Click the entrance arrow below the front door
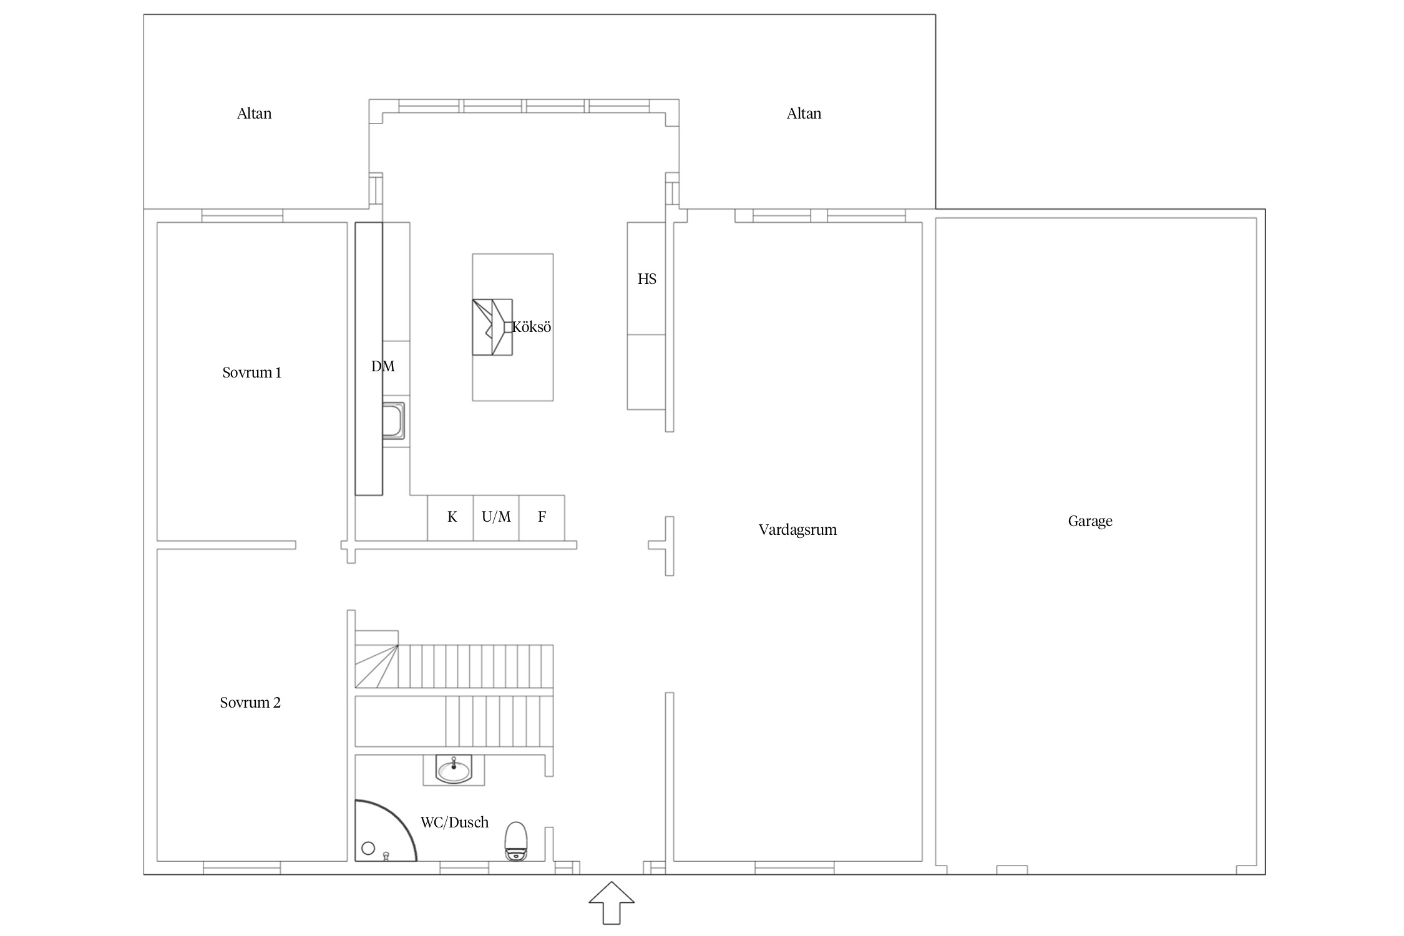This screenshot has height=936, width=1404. click(x=612, y=902)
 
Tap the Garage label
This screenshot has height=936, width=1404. click(x=1090, y=521)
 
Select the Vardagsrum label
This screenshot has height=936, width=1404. click(x=797, y=530)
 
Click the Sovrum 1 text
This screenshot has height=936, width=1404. click(x=251, y=373)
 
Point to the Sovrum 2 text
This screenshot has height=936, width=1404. click(x=250, y=703)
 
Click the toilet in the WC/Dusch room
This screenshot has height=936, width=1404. click(x=516, y=842)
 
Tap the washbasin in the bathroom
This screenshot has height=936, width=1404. click(x=454, y=769)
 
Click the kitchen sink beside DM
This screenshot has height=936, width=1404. click(x=393, y=421)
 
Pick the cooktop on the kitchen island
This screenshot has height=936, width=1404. click(x=492, y=327)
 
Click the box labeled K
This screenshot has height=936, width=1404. click(x=451, y=518)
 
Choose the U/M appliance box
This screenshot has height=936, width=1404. click(x=496, y=518)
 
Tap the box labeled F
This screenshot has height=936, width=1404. click(x=542, y=518)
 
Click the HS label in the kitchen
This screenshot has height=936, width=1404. click(x=647, y=279)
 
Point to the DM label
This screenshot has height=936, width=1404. click(x=383, y=366)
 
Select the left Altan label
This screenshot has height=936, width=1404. click(x=254, y=114)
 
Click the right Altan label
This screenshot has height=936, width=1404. click(x=804, y=114)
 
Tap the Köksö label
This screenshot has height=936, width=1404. click(x=532, y=327)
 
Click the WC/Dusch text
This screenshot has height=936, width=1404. click(x=454, y=822)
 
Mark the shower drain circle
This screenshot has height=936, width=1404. click(x=368, y=848)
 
